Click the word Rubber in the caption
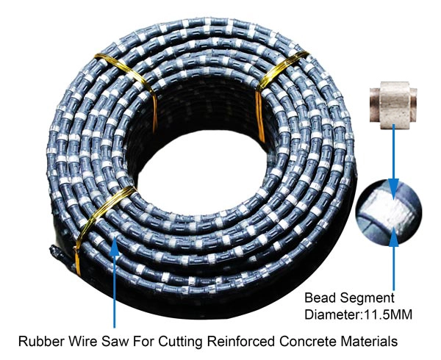(39, 341)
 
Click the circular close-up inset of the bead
(390, 212)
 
